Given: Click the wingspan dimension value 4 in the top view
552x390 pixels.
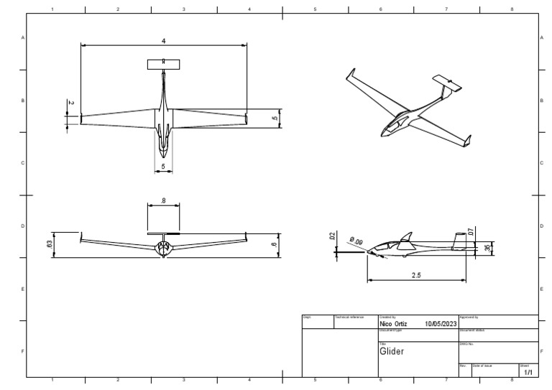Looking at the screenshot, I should pos(164,42).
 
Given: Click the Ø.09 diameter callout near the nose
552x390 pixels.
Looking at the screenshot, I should pos(356,241).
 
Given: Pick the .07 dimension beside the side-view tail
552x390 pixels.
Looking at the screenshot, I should pos(470,232).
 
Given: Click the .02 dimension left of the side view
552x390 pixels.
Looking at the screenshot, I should pos(333,236).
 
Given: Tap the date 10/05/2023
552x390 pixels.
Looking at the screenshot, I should pos(440,324).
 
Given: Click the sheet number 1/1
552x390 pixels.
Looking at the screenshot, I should pos(528,373).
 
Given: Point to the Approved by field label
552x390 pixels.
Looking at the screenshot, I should pos(469,317).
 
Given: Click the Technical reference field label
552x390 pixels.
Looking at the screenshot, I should pos(350,317).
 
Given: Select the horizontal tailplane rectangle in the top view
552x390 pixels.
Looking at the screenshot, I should pos(164,65).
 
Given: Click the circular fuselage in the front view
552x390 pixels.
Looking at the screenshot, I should pos(163,248).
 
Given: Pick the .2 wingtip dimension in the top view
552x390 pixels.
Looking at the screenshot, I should pos(70,103).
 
